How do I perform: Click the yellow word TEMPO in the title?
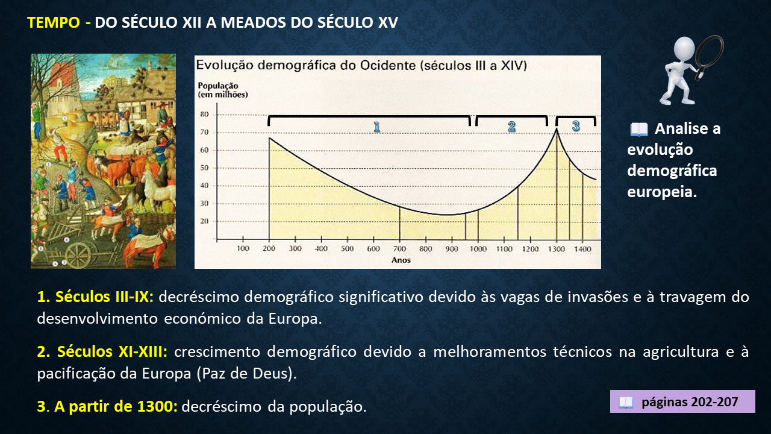tap(54, 23)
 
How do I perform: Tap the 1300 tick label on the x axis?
tap(556, 249)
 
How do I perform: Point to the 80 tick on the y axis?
tap(204, 115)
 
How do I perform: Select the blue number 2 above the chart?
tap(512, 127)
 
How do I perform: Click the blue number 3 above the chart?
tap(576, 126)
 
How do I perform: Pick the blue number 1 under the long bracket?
tap(377, 127)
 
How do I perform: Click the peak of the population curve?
tap(557, 129)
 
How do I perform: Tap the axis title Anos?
tap(401, 260)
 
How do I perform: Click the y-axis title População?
tap(218, 86)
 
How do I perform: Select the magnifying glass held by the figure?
tap(710, 56)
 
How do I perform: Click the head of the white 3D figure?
tap(684, 49)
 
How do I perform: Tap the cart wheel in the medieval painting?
tap(78, 254)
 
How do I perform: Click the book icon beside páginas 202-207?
tap(625, 402)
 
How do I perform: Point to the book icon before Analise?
tap(639, 130)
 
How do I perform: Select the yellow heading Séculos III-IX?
tap(104, 297)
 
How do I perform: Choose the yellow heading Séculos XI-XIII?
tap(112, 351)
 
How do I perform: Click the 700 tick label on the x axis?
tap(399, 249)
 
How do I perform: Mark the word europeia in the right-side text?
tap(661, 192)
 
